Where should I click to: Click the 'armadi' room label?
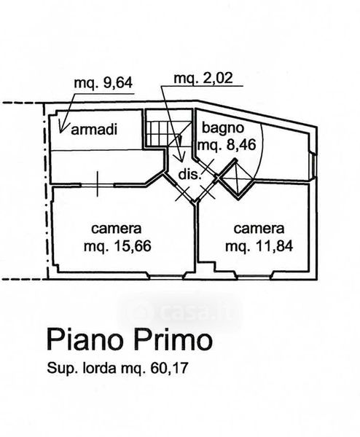pyautogui.click(x=94, y=130)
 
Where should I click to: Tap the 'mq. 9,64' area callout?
pyautogui.click(x=103, y=83)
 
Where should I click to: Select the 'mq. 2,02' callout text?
pyautogui.click(x=203, y=79)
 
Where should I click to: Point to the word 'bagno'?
pyautogui.click(x=223, y=128)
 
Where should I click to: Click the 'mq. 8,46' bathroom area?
pyautogui.click(x=227, y=145)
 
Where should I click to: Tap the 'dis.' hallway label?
pyautogui.click(x=189, y=175)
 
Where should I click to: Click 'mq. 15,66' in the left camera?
pyautogui.click(x=117, y=246)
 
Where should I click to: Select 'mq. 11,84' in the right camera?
pyautogui.click(x=259, y=246)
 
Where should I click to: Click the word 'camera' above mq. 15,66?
pyautogui.click(x=117, y=229)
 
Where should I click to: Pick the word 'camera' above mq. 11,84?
pyautogui.click(x=259, y=229)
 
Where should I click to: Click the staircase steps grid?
pyautogui.click(x=157, y=133)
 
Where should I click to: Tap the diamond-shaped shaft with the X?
pyautogui.click(x=236, y=178)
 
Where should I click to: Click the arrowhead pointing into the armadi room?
pyautogui.click(x=62, y=127)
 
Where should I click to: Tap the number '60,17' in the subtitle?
pyautogui.click(x=169, y=369)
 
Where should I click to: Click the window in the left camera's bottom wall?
pyautogui.click(x=166, y=277)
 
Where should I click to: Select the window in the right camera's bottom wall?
pyautogui.click(x=254, y=277)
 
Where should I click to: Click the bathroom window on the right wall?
pyautogui.click(x=313, y=166)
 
